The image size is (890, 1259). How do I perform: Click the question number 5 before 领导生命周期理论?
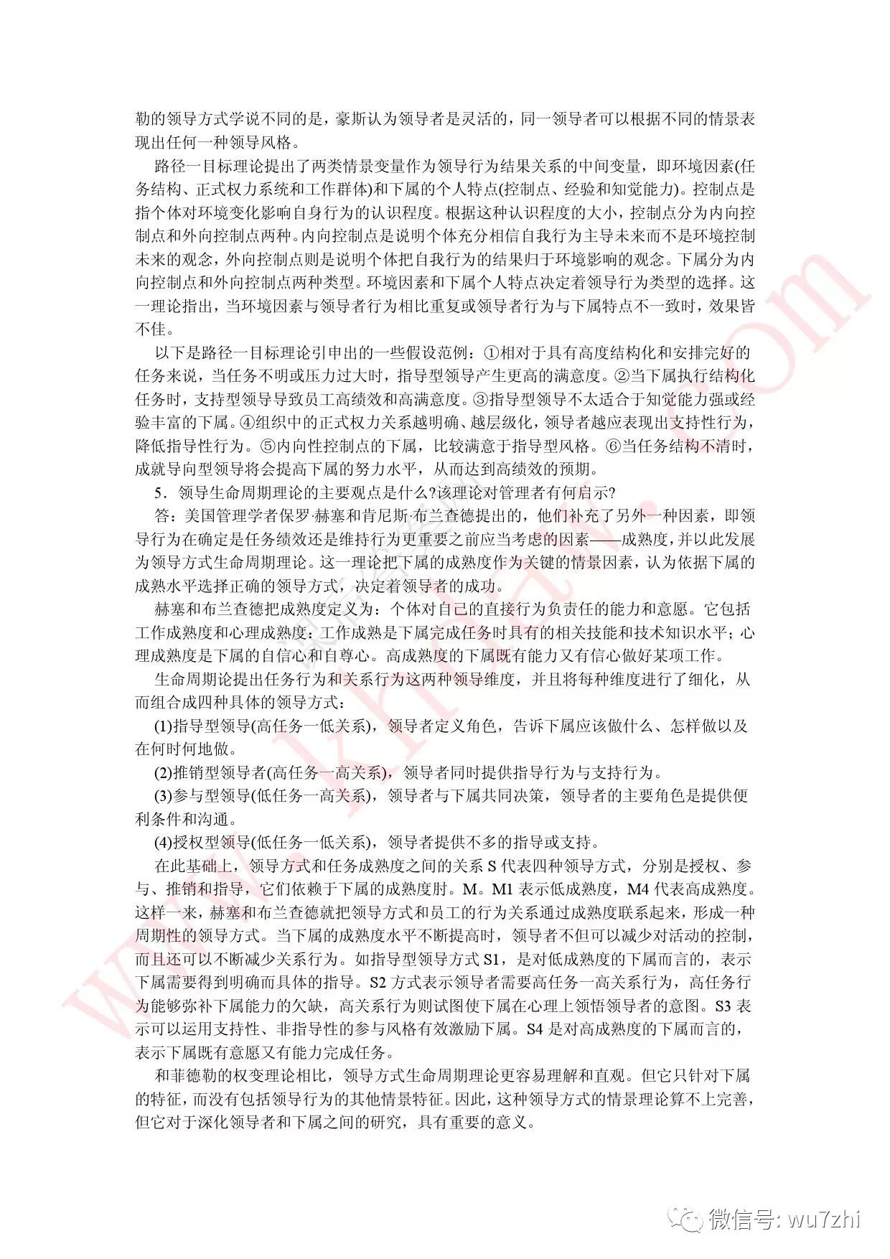159,492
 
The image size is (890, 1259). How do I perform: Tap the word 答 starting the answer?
162,515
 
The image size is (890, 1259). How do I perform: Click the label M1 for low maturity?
502,889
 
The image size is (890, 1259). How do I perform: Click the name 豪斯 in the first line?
351,118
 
